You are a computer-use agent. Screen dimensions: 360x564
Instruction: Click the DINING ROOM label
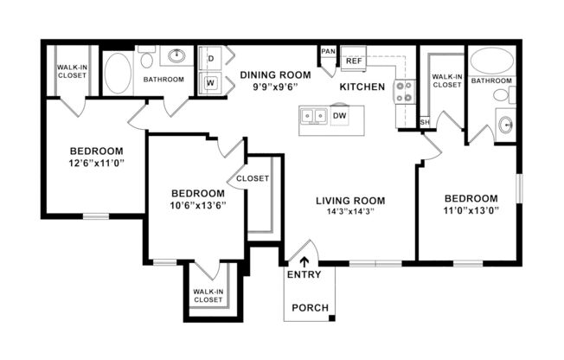(x=274, y=74)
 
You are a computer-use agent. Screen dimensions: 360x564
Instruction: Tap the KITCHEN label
(x=362, y=87)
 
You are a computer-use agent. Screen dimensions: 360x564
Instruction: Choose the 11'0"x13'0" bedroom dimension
(x=470, y=210)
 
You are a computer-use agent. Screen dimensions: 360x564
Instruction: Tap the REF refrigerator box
(x=354, y=61)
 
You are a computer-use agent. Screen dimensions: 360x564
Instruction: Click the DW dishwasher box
(x=339, y=116)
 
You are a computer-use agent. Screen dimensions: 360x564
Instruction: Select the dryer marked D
(x=210, y=58)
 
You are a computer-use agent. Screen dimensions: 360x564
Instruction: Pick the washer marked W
(x=210, y=83)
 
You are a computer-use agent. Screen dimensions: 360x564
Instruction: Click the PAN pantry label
(x=328, y=51)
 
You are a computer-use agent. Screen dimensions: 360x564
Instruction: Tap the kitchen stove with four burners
(x=404, y=91)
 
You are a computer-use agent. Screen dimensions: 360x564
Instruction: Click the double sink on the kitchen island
(x=313, y=116)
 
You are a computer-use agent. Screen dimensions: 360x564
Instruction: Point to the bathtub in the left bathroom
(x=118, y=72)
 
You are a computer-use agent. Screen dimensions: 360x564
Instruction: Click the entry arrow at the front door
(x=303, y=260)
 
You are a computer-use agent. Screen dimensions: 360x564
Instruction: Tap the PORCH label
(x=309, y=307)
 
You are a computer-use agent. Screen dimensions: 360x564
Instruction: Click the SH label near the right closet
(x=424, y=122)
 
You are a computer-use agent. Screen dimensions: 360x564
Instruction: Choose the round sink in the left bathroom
(x=176, y=57)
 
